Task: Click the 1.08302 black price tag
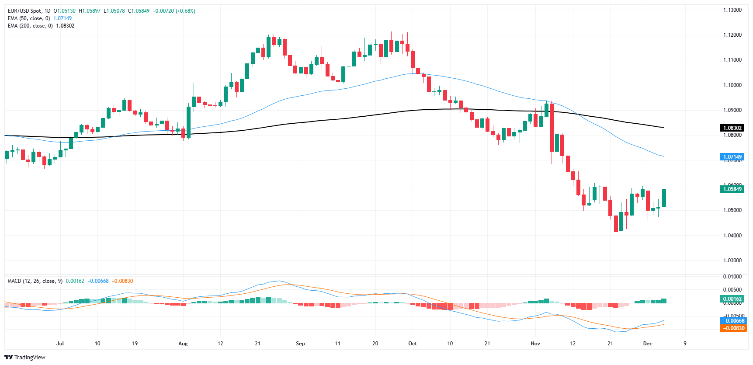tap(732, 128)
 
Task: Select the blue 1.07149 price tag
tap(732, 156)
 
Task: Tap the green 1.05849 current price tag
tap(732, 189)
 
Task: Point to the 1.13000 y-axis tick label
tap(732, 10)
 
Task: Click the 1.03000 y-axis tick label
tap(732, 261)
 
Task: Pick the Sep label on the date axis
tap(300, 344)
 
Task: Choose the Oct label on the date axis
tap(413, 344)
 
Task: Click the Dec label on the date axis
tap(648, 344)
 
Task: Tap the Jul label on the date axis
tap(60, 344)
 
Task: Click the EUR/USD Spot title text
tap(25, 11)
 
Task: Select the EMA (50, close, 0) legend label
tap(29, 18)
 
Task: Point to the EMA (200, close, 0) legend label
tap(30, 26)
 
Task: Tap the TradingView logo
tap(25, 357)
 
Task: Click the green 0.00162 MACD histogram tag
tap(732, 299)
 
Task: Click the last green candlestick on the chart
tap(664, 198)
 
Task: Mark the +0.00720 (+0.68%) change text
tap(174, 11)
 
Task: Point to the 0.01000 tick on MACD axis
tap(732, 277)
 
